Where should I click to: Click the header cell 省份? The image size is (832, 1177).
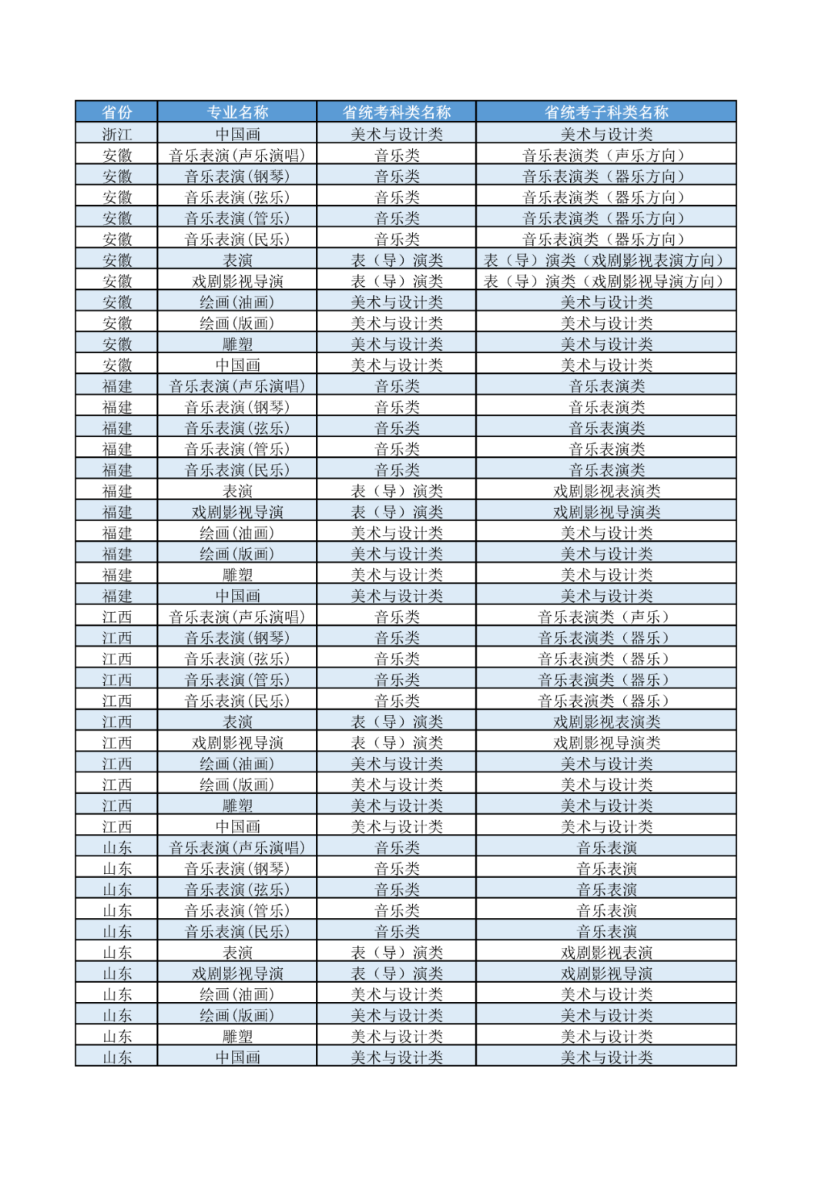[117, 113]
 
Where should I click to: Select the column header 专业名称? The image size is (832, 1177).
[237, 113]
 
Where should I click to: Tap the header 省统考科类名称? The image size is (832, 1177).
[397, 113]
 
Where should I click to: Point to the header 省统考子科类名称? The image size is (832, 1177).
[606, 113]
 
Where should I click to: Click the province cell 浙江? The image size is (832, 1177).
[117, 134]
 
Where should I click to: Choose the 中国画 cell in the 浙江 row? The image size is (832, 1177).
[237, 134]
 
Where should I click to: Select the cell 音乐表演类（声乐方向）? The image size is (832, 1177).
[606, 156]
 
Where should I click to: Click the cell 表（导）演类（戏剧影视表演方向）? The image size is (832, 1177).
[606, 261]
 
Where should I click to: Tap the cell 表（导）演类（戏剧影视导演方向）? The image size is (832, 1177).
[606, 281]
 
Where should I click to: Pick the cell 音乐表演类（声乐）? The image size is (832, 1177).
[606, 617]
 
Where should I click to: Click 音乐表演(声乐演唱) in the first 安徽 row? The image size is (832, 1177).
[237, 156]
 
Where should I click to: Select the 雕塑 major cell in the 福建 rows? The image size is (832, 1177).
[237, 575]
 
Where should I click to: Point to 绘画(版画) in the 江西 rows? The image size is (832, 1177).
[237, 785]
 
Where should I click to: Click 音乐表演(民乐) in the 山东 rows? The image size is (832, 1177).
[237, 931]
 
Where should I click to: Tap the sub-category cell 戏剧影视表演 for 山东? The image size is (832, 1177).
[606, 953]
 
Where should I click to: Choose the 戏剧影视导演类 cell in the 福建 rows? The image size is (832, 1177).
[606, 512]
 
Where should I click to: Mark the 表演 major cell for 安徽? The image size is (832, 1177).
[237, 261]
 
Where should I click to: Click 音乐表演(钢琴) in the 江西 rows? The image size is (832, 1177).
[237, 638]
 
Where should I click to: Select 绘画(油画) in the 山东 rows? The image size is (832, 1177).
[237, 994]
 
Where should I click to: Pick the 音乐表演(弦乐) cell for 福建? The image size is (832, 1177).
[237, 428]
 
